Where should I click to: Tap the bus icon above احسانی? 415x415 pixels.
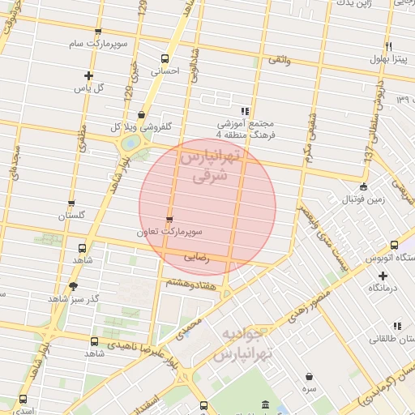pos(165,58)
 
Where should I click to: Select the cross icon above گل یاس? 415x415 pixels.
pos(88,75)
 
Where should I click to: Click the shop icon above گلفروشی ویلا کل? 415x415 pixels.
pos(142,114)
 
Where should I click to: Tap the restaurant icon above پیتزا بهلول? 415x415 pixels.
pos(390,46)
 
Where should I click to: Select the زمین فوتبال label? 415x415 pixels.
pos(356,198)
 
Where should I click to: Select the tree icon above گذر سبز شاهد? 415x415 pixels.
pos(74,286)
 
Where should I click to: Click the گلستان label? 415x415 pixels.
pos(71,216)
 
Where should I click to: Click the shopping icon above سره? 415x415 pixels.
pos(310,375)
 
